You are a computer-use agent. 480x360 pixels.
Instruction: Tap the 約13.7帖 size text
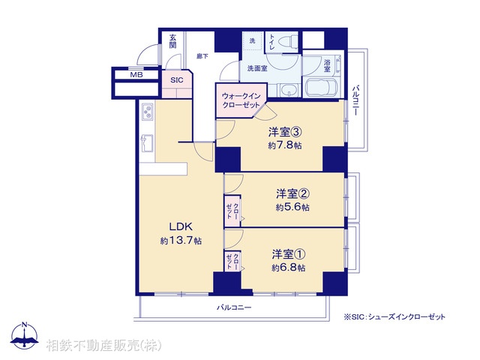coord(181,241)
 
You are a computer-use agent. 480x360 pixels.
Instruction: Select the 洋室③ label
coord(286,133)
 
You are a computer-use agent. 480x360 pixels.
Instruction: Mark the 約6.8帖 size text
coord(289,267)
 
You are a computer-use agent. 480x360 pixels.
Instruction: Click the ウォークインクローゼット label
coord(241,100)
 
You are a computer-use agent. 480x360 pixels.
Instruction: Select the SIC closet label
coord(176,79)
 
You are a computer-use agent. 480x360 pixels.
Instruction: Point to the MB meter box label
coord(136,75)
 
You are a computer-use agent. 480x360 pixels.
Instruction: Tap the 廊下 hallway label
coord(202,55)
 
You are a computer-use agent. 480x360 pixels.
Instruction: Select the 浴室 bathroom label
coord(327,66)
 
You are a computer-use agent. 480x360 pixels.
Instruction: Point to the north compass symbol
coord(26,337)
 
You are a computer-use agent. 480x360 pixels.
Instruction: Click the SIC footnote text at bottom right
coord(394,316)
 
